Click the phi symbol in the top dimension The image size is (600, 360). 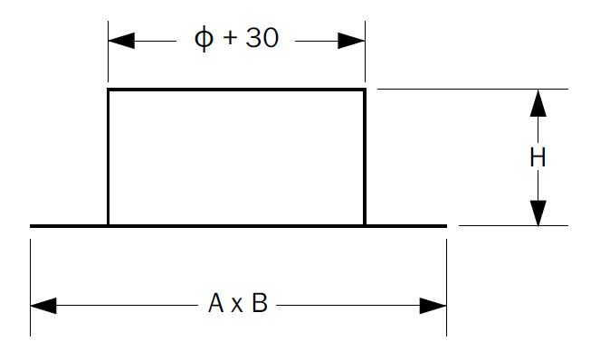click(204, 38)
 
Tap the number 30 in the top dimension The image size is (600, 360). click(262, 38)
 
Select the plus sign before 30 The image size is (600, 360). click(230, 38)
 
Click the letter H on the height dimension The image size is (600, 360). click(538, 157)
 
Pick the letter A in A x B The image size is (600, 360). click(215, 303)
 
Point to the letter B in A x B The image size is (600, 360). click(260, 303)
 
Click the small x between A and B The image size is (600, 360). click(237, 305)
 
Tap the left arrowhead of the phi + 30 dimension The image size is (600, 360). click(121, 41)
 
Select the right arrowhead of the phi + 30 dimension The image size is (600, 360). click(351, 41)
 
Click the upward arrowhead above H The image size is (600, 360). click(538, 103)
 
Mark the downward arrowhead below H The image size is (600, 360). click(538, 213)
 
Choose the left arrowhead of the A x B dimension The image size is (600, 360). click(43, 306)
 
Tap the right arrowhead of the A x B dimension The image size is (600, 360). click(433, 306)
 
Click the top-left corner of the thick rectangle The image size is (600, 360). click(109, 90)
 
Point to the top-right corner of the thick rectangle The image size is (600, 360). click(365, 90)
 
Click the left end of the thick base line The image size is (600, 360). click(30, 226)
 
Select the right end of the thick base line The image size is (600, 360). click(446, 226)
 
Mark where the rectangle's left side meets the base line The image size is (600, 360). click(109, 226)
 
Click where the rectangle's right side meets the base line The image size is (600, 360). click(365, 226)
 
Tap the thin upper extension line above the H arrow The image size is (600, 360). click(473, 90)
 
